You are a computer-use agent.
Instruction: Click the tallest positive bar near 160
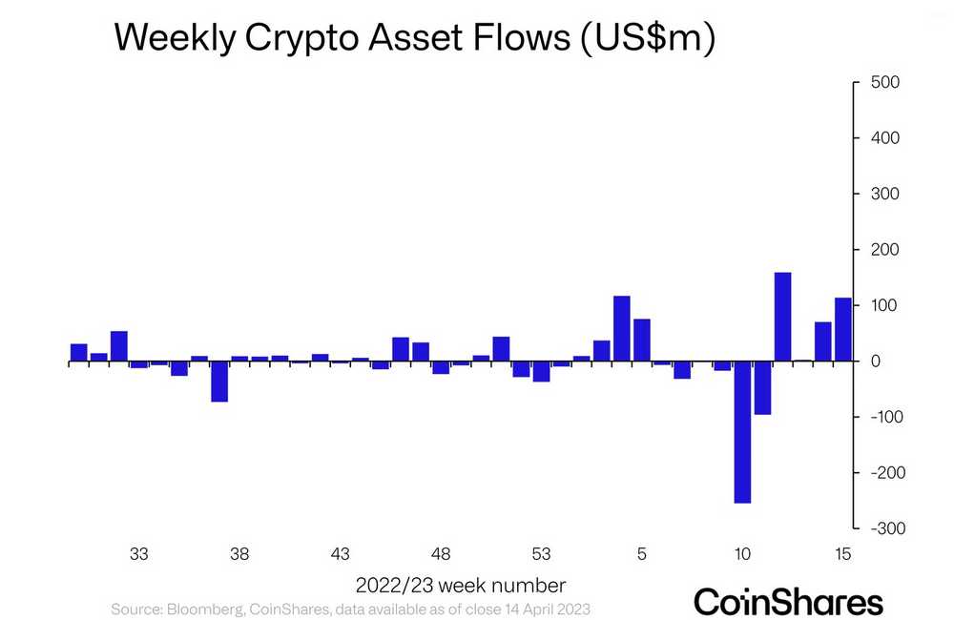782,317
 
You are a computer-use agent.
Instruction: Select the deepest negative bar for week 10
742,432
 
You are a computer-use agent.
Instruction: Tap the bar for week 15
843,330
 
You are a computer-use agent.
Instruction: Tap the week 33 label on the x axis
139,554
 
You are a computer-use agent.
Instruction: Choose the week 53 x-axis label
541,554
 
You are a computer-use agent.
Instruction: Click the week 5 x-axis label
642,554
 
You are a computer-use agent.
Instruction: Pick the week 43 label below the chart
341,554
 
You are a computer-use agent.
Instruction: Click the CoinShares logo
788,602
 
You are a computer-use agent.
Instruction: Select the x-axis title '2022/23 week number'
461,584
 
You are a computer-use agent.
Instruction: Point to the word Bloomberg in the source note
203,609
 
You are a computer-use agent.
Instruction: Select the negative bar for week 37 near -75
219,382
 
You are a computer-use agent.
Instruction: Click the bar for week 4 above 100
622,329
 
